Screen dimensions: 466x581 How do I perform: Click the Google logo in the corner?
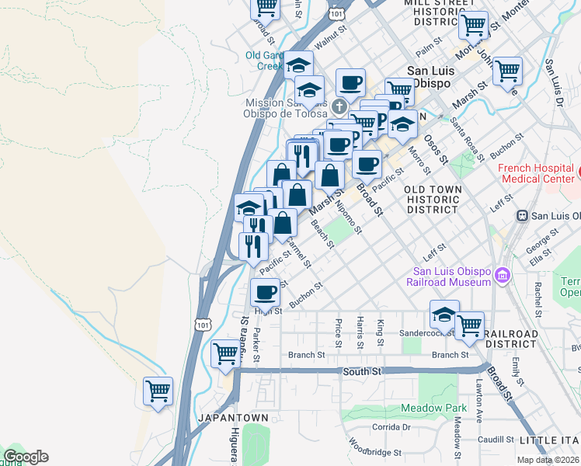26,457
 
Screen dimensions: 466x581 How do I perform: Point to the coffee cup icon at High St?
265,293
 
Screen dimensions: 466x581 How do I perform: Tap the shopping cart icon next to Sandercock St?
469,325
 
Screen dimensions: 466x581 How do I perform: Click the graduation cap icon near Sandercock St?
444,315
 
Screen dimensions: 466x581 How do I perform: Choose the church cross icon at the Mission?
339,106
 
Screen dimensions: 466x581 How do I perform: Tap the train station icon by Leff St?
523,215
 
